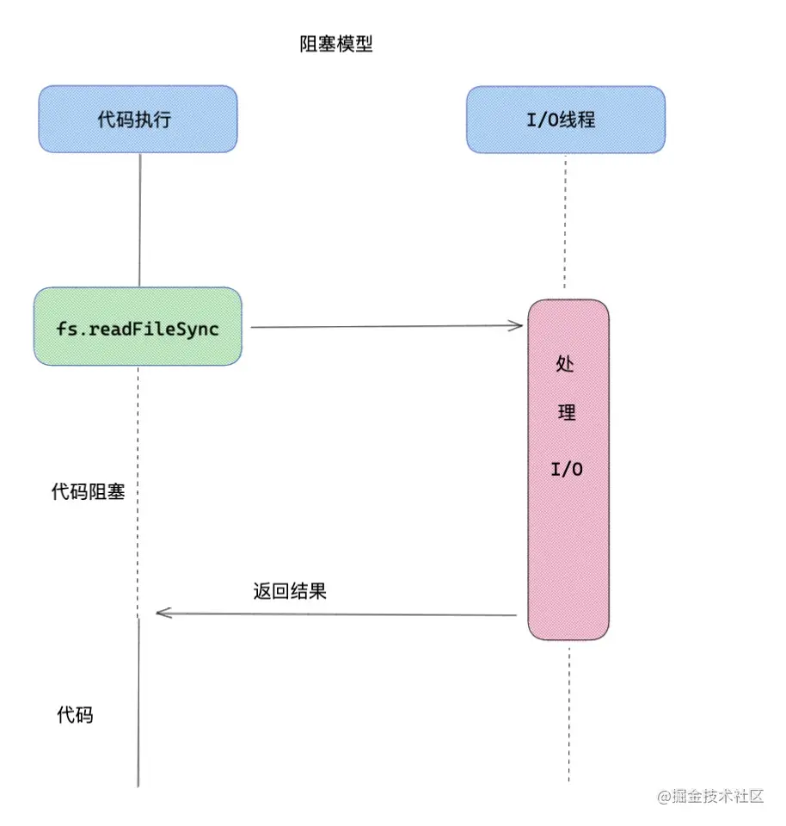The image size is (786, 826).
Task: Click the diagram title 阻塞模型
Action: [x=336, y=45]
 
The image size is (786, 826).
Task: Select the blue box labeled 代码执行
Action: [x=137, y=119]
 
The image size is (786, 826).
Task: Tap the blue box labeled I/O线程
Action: [x=565, y=119]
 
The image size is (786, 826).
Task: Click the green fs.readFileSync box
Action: [x=138, y=326]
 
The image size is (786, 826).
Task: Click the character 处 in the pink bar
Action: [x=566, y=364]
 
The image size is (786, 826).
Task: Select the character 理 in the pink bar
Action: [x=567, y=412]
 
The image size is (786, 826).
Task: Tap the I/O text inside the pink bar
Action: [x=567, y=470]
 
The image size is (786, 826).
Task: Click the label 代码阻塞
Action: [x=89, y=492]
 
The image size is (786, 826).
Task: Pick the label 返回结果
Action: [x=290, y=591]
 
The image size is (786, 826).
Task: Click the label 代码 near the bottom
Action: [x=75, y=714]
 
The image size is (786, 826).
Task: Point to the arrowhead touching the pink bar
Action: [x=518, y=325]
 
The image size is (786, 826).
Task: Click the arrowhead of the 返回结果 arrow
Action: [x=162, y=613]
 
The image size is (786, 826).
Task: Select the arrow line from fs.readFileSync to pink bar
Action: [x=387, y=326]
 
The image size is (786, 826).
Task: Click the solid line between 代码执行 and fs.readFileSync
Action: [x=139, y=219]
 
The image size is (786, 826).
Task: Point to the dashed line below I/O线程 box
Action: [x=565, y=224]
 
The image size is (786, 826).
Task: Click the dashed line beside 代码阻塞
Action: [x=138, y=490]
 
